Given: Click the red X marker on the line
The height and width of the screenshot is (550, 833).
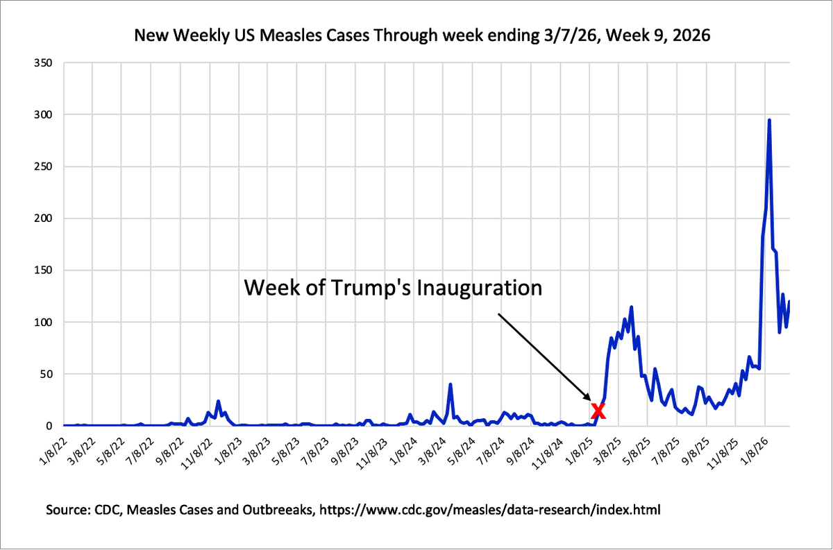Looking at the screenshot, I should (598, 411).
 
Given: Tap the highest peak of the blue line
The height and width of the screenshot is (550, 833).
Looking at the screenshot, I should (769, 121).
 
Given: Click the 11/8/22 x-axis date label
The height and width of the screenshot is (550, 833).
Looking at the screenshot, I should (199, 450).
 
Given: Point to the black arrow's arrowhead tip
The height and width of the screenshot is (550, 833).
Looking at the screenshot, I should (591, 402).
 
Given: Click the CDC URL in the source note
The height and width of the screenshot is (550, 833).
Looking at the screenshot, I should (507, 510).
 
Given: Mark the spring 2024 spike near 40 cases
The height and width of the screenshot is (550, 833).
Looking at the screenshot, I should (451, 384).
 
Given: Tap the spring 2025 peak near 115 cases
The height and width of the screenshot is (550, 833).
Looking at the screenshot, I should (631, 307).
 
